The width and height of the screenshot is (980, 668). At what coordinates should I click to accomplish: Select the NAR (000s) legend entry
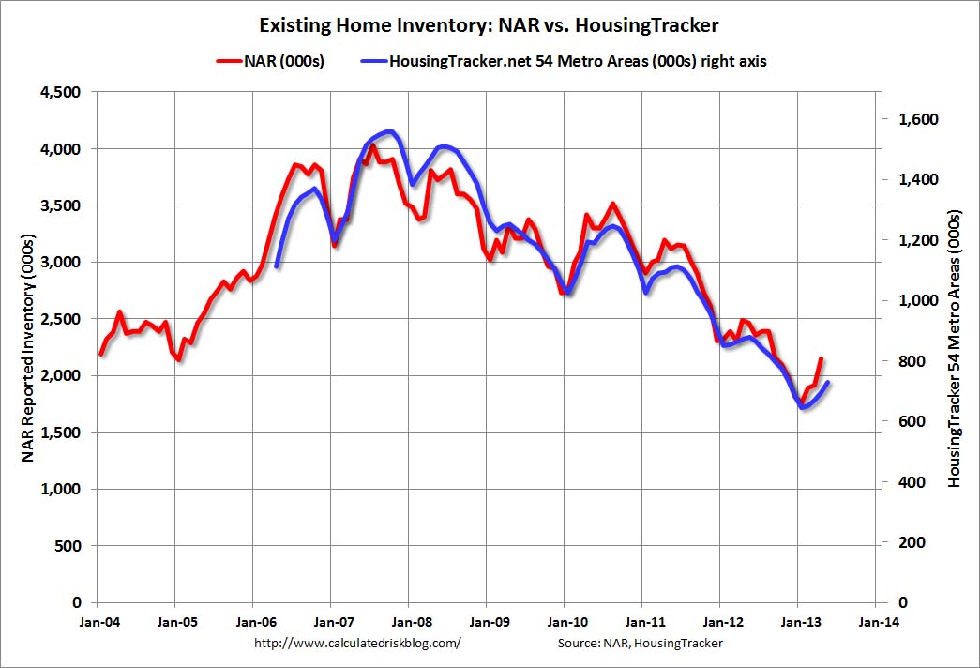(x=271, y=61)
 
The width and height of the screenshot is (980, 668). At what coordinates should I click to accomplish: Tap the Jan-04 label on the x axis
(x=98, y=621)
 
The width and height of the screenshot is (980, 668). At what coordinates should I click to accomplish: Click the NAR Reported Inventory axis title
(x=28, y=347)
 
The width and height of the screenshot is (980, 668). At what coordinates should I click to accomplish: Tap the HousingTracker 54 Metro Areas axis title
(x=955, y=347)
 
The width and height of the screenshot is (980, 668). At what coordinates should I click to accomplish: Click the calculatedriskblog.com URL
(x=358, y=644)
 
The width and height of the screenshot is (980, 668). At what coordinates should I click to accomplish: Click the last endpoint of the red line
(x=822, y=358)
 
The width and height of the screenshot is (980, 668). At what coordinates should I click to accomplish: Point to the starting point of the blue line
(x=277, y=266)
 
